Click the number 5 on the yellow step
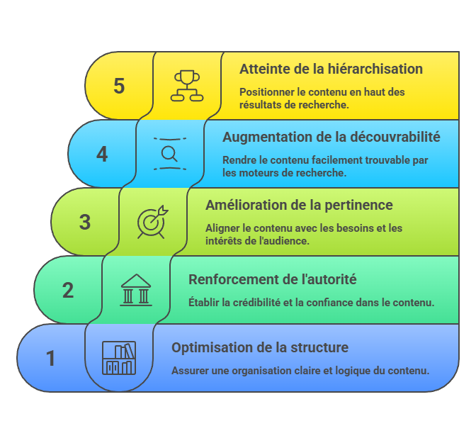click(119, 86)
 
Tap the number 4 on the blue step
click(102, 154)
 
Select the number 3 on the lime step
click(85, 222)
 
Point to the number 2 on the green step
click(68, 290)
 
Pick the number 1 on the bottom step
click(51, 358)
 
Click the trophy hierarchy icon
click(187, 85)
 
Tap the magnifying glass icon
click(170, 153)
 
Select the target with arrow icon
click(153, 221)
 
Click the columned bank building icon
click(136, 289)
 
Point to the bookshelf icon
click(119, 357)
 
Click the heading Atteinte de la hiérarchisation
click(331, 69)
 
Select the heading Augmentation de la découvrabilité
click(331, 137)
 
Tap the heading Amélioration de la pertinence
click(299, 205)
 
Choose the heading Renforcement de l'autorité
click(272, 279)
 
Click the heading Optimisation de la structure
click(260, 347)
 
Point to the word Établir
click(205, 302)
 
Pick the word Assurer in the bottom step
click(191, 370)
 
